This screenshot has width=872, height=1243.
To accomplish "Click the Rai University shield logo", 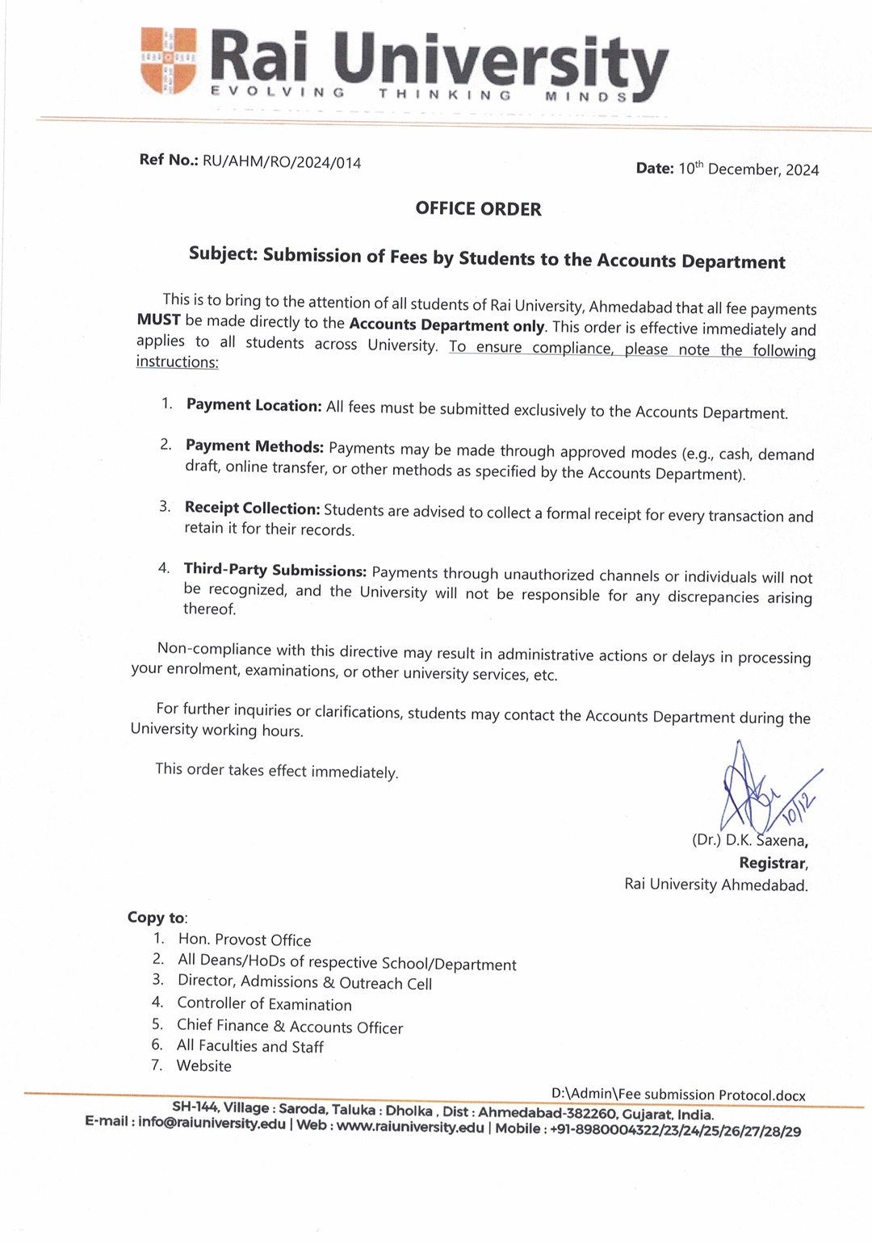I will [x=169, y=61].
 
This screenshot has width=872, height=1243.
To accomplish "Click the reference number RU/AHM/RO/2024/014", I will [x=282, y=161].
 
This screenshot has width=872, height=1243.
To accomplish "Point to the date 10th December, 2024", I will [x=748, y=169].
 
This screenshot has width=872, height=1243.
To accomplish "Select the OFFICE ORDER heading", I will [x=478, y=209].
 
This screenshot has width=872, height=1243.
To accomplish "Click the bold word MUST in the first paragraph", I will [x=158, y=320].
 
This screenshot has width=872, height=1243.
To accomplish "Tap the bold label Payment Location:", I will [x=254, y=405].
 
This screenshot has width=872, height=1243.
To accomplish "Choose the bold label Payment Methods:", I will [x=254, y=446].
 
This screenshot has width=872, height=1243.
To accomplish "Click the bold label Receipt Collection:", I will [x=252, y=508].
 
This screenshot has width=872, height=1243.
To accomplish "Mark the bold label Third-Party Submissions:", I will [x=275, y=570].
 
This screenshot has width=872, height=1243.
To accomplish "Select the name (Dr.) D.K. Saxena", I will [x=749, y=840].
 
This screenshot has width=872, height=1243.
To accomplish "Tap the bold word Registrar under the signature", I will [x=772, y=863].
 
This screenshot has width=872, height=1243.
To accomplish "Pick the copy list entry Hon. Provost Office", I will [x=244, y=940].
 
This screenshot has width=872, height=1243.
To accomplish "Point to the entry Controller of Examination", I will [x=264, y=1004].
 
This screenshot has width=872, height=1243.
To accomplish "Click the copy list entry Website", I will [x=203, y=1066].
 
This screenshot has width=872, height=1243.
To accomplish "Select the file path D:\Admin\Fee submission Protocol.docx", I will [x=678, y=1094].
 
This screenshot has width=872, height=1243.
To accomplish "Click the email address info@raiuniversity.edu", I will [x=212, y=1123].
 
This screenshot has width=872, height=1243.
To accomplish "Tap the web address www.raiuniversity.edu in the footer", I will [x=410, y=1127].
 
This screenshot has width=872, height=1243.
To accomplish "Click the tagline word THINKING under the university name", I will [x=445, y=94].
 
